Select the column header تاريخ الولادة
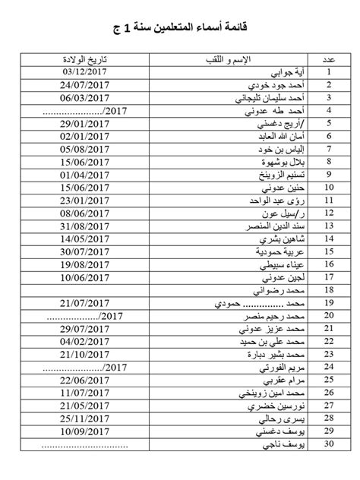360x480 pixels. click(86, 59)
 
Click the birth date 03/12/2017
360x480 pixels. click(87, 72)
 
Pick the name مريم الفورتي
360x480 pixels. click(282, 367)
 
